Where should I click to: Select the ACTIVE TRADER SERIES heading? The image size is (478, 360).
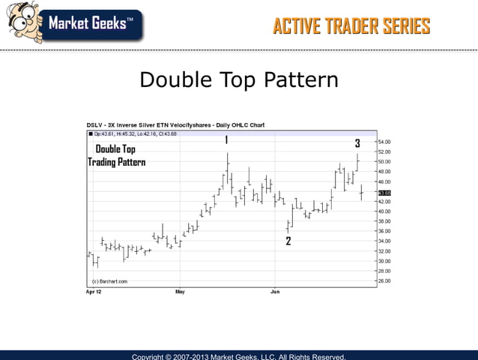click(x=351, y=26)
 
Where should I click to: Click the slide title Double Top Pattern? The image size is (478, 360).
click(x=239, y=80)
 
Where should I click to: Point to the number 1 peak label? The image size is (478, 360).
click(x=226, y=139)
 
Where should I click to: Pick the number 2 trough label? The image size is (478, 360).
click(x=288, y=241)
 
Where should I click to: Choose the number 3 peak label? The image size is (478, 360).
click(x=357, y=142)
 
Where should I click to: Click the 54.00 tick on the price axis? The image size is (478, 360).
click(x=383, y=142)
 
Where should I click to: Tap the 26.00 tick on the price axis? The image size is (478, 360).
click(x=383, y=280)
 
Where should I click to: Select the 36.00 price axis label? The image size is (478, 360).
click(x=383, y=231)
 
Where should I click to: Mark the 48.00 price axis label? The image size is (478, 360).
click(x=383, y=172)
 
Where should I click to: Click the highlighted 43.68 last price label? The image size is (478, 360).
click(x=384, y=193)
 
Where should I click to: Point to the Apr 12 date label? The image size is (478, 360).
click(x=93, y=290)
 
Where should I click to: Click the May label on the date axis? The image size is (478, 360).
click(x=179, y=290)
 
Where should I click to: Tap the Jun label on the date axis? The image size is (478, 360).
click(x=275, y=290)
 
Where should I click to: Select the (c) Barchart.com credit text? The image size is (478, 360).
click(x=109, y=281)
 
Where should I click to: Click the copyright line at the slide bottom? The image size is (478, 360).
click(x=239, y=356)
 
